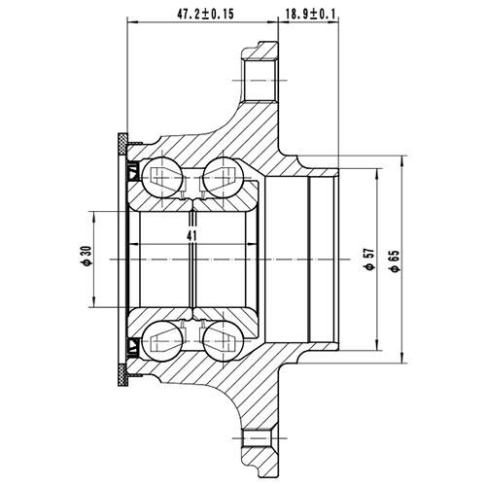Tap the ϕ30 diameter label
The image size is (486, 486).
coord(87,256)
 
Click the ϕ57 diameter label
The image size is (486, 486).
coord(368,257)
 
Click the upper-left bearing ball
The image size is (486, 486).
coord(159,176)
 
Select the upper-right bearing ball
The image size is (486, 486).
coord(221,176)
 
